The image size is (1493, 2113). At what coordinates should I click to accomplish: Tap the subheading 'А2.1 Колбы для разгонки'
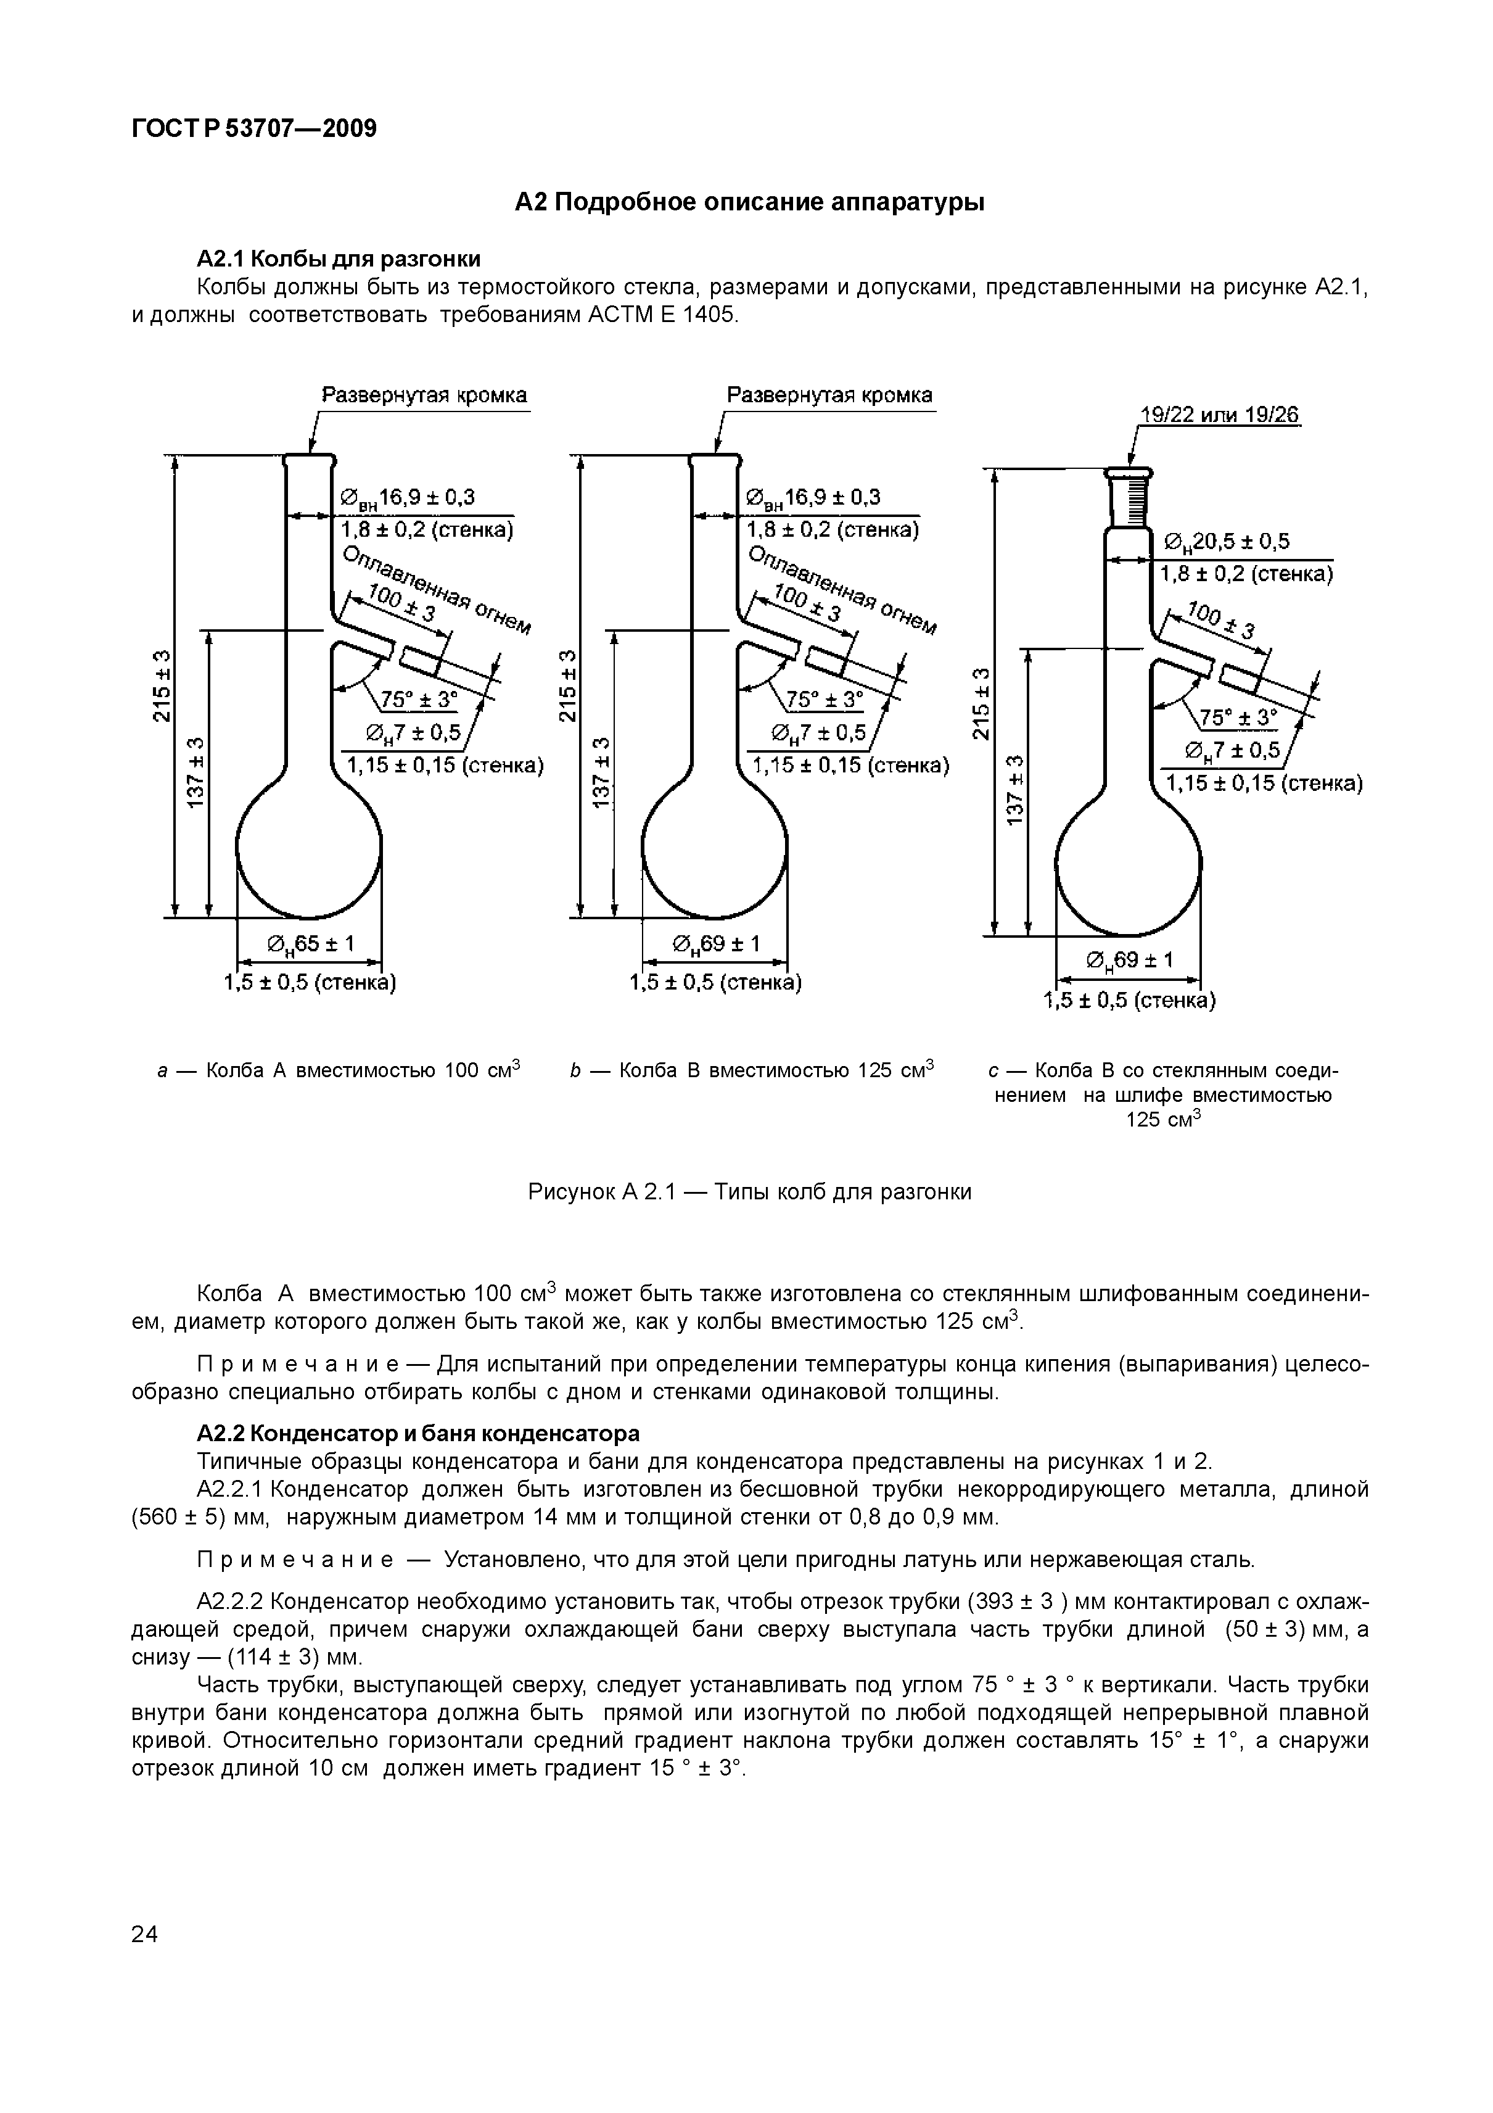click(339, 258)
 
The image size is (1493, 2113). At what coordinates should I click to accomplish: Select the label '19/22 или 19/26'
click(1219, 416)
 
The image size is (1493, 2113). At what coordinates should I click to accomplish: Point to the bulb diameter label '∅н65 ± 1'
click(310, 945)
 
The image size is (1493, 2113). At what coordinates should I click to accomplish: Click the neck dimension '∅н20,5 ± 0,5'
click(1227, 542)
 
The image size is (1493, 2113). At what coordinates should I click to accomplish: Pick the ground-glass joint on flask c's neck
click(1128, 502)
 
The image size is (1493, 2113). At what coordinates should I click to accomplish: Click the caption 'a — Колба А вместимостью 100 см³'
click(337, 1071)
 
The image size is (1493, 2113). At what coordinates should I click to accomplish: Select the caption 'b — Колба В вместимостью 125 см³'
click(751, 1071)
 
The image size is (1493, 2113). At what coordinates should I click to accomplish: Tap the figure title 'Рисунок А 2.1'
click(601, 1193)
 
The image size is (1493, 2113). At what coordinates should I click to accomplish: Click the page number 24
click(144, 1935)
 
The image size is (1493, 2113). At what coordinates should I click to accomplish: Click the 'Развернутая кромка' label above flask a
click(424, 395)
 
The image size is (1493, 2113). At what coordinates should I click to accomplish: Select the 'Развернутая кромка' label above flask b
click(829, 395)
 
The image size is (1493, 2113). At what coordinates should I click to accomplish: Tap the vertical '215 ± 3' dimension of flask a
click(162, 685)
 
